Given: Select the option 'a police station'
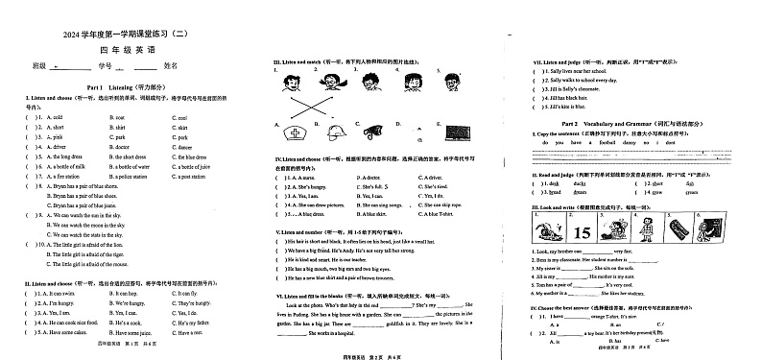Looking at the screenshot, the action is (x=127, y=177).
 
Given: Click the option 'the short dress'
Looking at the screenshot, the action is (x=130, y=156).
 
